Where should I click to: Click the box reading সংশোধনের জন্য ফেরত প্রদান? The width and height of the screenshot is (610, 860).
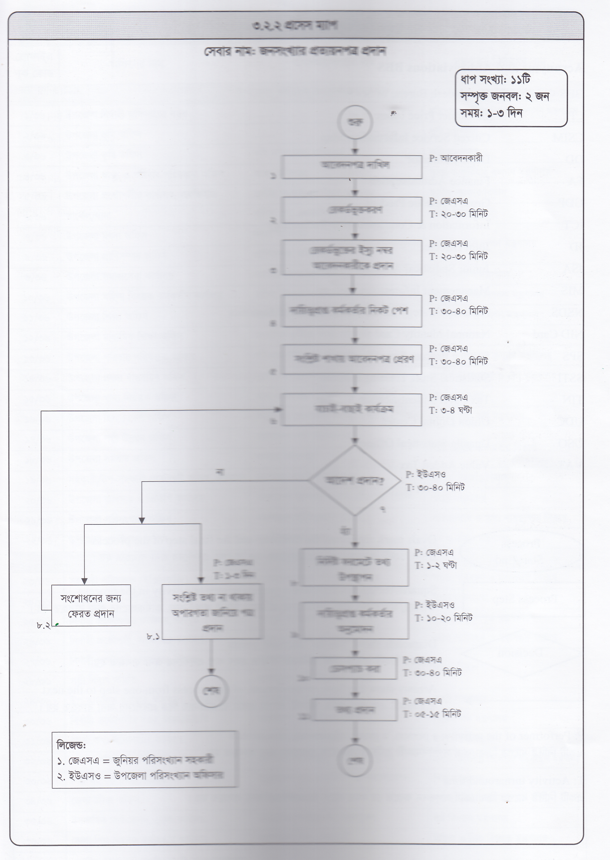91,605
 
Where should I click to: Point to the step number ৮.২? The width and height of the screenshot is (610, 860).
44,626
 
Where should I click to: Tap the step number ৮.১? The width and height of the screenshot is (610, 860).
153,637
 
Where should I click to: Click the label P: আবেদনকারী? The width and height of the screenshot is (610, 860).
456,158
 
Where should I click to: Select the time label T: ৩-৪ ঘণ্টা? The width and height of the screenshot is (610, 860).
450,410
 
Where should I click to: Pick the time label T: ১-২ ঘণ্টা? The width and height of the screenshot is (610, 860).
436,565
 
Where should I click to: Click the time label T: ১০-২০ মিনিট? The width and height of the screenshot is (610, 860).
443,618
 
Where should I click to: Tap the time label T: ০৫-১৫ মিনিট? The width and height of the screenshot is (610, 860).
432,714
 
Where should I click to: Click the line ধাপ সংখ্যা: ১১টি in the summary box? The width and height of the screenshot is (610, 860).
495,80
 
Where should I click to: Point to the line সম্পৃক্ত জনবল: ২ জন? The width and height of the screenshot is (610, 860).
505,96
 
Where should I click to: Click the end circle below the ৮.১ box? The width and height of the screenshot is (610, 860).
212,691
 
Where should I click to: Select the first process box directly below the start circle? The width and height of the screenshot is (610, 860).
352,166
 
